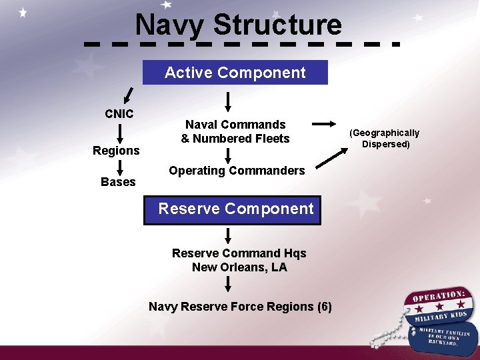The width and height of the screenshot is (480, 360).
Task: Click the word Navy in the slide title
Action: (x=169, y=25)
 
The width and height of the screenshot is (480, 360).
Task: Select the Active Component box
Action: (x=235, y=73)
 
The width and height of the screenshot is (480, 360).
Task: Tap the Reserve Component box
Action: (x=236, y=209)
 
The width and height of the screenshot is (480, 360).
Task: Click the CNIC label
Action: (x=119, y=113)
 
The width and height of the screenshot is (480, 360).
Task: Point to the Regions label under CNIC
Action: (x=116, y=151)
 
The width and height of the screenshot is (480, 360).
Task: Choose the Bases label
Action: (x=118, y=182)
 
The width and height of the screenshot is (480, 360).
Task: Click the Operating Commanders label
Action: (x=237, y=171)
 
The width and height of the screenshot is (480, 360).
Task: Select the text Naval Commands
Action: (x=235, y=125)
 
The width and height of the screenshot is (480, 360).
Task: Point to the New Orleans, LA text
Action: (x=239, y=267)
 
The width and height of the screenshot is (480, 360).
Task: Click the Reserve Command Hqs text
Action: (x=239, y=253)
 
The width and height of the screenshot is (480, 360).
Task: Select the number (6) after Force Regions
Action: (x=325, y=307)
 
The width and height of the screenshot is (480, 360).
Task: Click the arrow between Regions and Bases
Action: (x=118, y=167)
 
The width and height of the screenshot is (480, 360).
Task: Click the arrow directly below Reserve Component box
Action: (x=228, y=235)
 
